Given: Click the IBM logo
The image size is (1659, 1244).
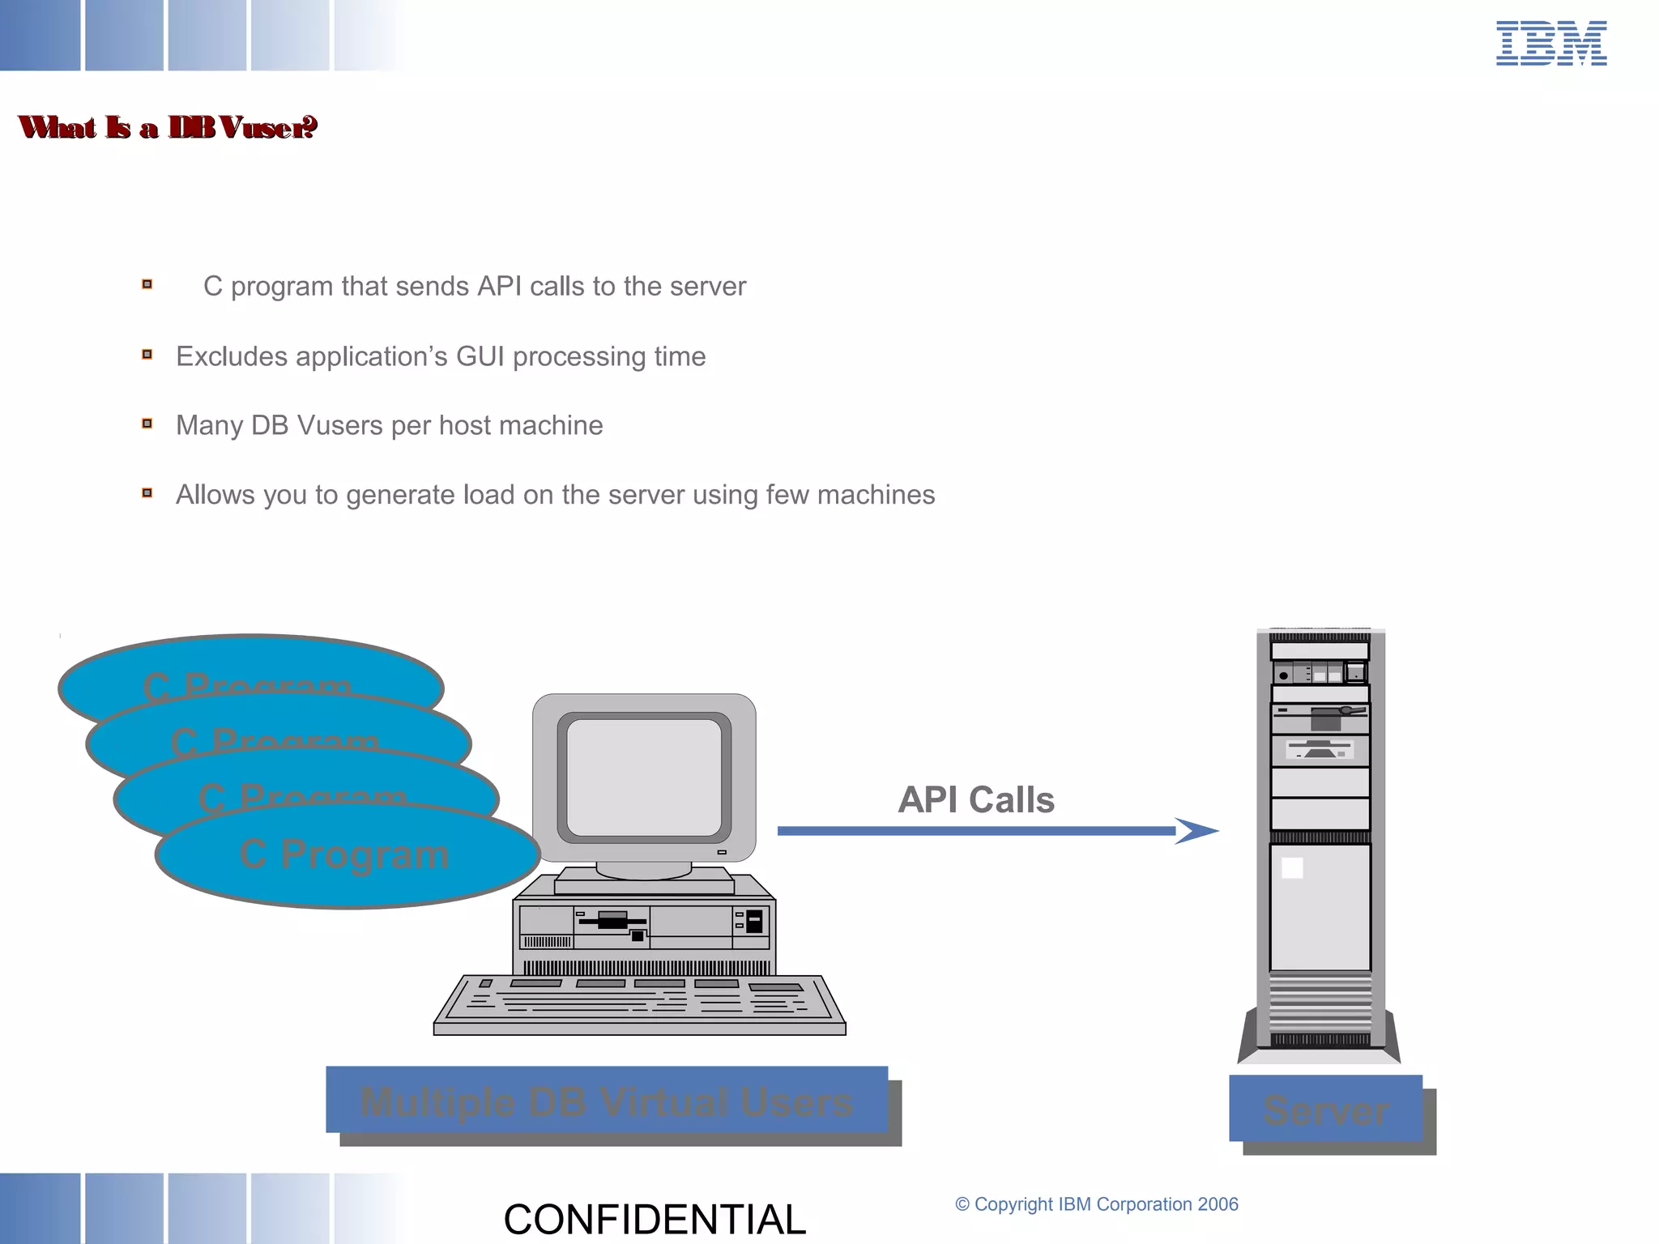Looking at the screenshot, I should click(1550, 44).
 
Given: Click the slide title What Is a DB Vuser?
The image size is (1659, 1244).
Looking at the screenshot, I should click(168, 127).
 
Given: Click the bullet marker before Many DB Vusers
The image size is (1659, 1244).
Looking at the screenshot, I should click(147, 424).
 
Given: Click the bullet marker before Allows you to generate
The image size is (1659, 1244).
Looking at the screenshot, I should click(147, 492).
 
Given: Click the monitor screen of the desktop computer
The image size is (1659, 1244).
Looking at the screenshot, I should click(644, 777).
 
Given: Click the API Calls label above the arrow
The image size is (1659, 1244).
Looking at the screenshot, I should click(976, 800).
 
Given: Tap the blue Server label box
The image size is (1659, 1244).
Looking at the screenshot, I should click(1325, 1109).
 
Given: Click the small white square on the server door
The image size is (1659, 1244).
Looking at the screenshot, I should click(1292, 868).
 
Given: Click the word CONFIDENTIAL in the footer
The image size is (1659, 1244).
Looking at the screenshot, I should click(655, 1219).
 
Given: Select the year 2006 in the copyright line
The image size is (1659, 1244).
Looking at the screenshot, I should click(1218, 1204).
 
